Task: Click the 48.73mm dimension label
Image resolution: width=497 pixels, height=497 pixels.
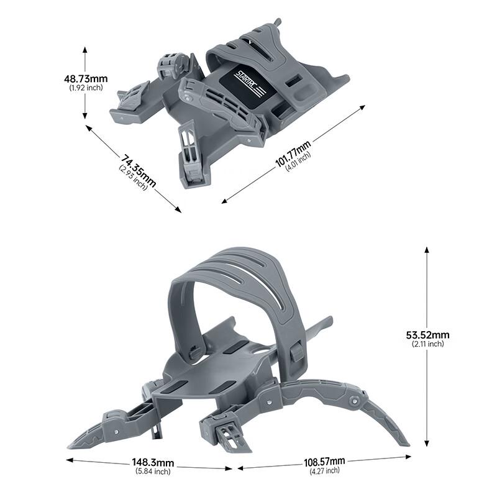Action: click(x=86, y=79)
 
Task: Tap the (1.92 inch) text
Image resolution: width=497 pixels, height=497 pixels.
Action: click(x=86, y=88)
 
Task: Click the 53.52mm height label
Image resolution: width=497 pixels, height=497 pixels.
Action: click(x=427, y=335)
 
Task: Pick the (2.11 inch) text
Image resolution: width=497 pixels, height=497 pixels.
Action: click(x=427, y=344)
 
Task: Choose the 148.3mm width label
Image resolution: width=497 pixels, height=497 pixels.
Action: click(x=153, y=463)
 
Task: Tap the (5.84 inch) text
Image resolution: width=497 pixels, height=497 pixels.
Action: click(x=153, y=472)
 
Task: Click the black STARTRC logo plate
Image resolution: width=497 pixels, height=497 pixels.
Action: click(x=246, y=83)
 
